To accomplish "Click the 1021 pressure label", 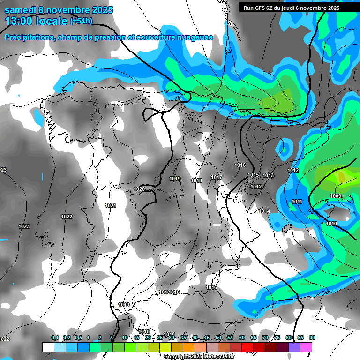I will coord(111,205).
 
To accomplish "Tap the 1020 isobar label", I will coord(139,189).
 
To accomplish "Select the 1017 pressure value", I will coord(217,177).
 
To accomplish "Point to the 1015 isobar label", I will coord(253,175).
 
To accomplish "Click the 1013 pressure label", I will coord(268,175).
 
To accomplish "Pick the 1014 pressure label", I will coord(264,211).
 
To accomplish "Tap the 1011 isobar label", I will coord(297,202).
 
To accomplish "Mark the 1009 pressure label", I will coord(336,196).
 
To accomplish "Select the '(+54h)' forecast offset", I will coord(82,21).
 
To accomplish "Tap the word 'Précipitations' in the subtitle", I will coord(29,37).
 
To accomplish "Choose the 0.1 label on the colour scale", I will coord(55,337).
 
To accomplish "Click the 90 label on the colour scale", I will coord(312,337).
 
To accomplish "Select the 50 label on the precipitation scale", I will coord(218,337).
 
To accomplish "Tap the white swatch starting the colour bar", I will coord(48,347).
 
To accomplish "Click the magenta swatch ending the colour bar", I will coord(306,347).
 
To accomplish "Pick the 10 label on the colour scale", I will coord(125,337).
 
